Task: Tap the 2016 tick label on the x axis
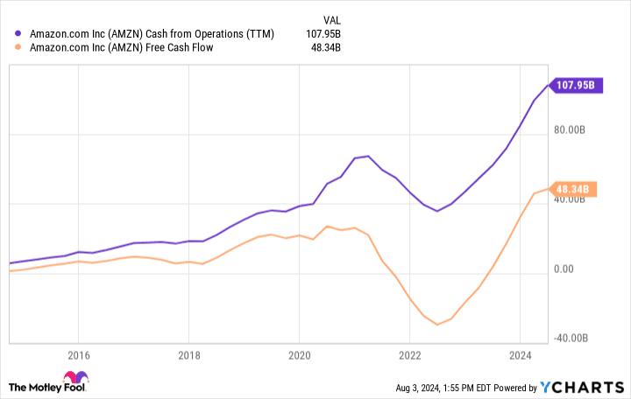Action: point(78,355)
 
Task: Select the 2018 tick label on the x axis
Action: point(188,355)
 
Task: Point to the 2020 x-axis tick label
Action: point(299,355)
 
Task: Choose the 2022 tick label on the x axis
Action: point(409,355)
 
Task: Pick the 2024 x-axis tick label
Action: point(520,355)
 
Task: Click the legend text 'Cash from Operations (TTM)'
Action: point(210,34)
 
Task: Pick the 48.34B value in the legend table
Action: point(323,47)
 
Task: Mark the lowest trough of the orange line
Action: point(437,325)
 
